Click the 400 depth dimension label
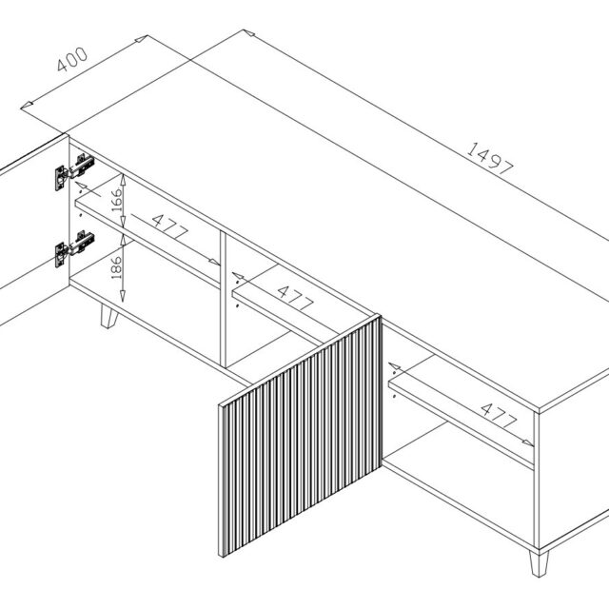point(72,59)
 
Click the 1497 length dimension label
point(490,159)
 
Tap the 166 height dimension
point(117,200)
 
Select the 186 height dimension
point(116,267)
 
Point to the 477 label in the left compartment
point(169,226)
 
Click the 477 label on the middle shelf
point(296,298)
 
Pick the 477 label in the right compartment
point(499,415)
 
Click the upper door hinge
point(74,171)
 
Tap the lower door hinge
point(74,248)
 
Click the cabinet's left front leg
point(108,316)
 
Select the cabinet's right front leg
point(539,562)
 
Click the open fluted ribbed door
point(301,436)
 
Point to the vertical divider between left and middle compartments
point(223,299)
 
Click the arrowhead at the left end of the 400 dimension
point(27,105)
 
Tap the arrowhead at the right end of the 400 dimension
point(141,38)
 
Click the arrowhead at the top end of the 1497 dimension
point(249,32)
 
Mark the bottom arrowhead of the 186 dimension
point(123,296)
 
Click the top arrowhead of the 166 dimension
point(123,180)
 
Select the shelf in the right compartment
point(462,412)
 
